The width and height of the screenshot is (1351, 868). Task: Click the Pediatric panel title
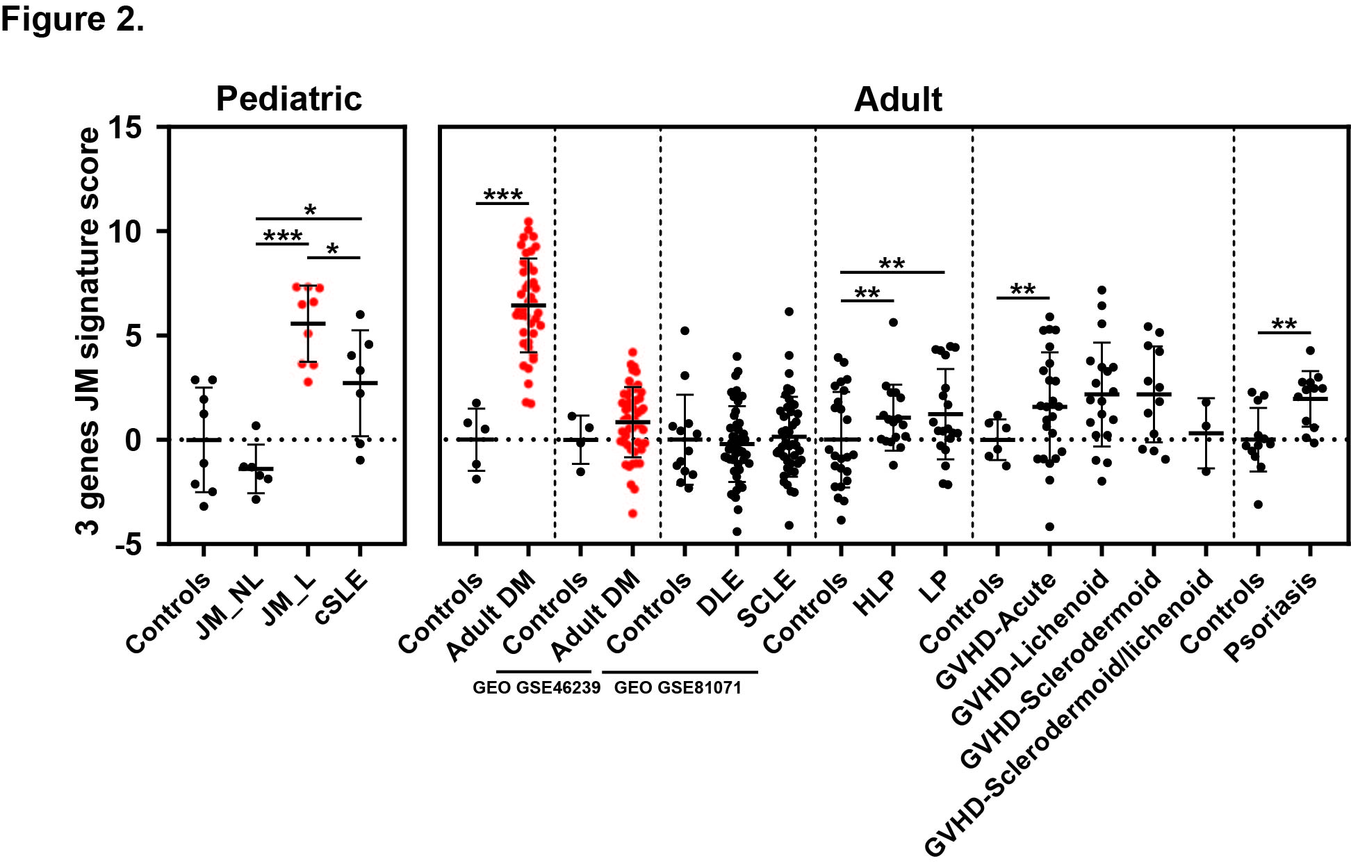(288, 99)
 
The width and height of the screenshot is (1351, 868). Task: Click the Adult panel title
(898, 99)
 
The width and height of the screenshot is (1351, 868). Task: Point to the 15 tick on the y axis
(125, 127)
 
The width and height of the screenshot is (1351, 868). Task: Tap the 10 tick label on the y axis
(125, 231)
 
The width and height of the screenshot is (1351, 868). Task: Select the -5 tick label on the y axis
(128, 544)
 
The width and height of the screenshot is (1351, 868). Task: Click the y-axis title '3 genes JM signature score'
(89, 331)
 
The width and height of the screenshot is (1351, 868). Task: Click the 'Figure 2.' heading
(72, 19)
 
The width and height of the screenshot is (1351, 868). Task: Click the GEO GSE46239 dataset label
(537, 688)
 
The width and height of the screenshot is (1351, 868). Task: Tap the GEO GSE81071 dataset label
(678, 688)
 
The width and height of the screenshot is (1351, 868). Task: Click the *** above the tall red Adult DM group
(502, 195)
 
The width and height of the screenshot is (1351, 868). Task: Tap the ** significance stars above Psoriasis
(1284, 325)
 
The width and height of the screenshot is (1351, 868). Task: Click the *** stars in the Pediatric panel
(283, 236)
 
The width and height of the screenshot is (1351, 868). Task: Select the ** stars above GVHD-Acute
(1023, 290)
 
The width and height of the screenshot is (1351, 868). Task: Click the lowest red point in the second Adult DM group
(632, 514)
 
